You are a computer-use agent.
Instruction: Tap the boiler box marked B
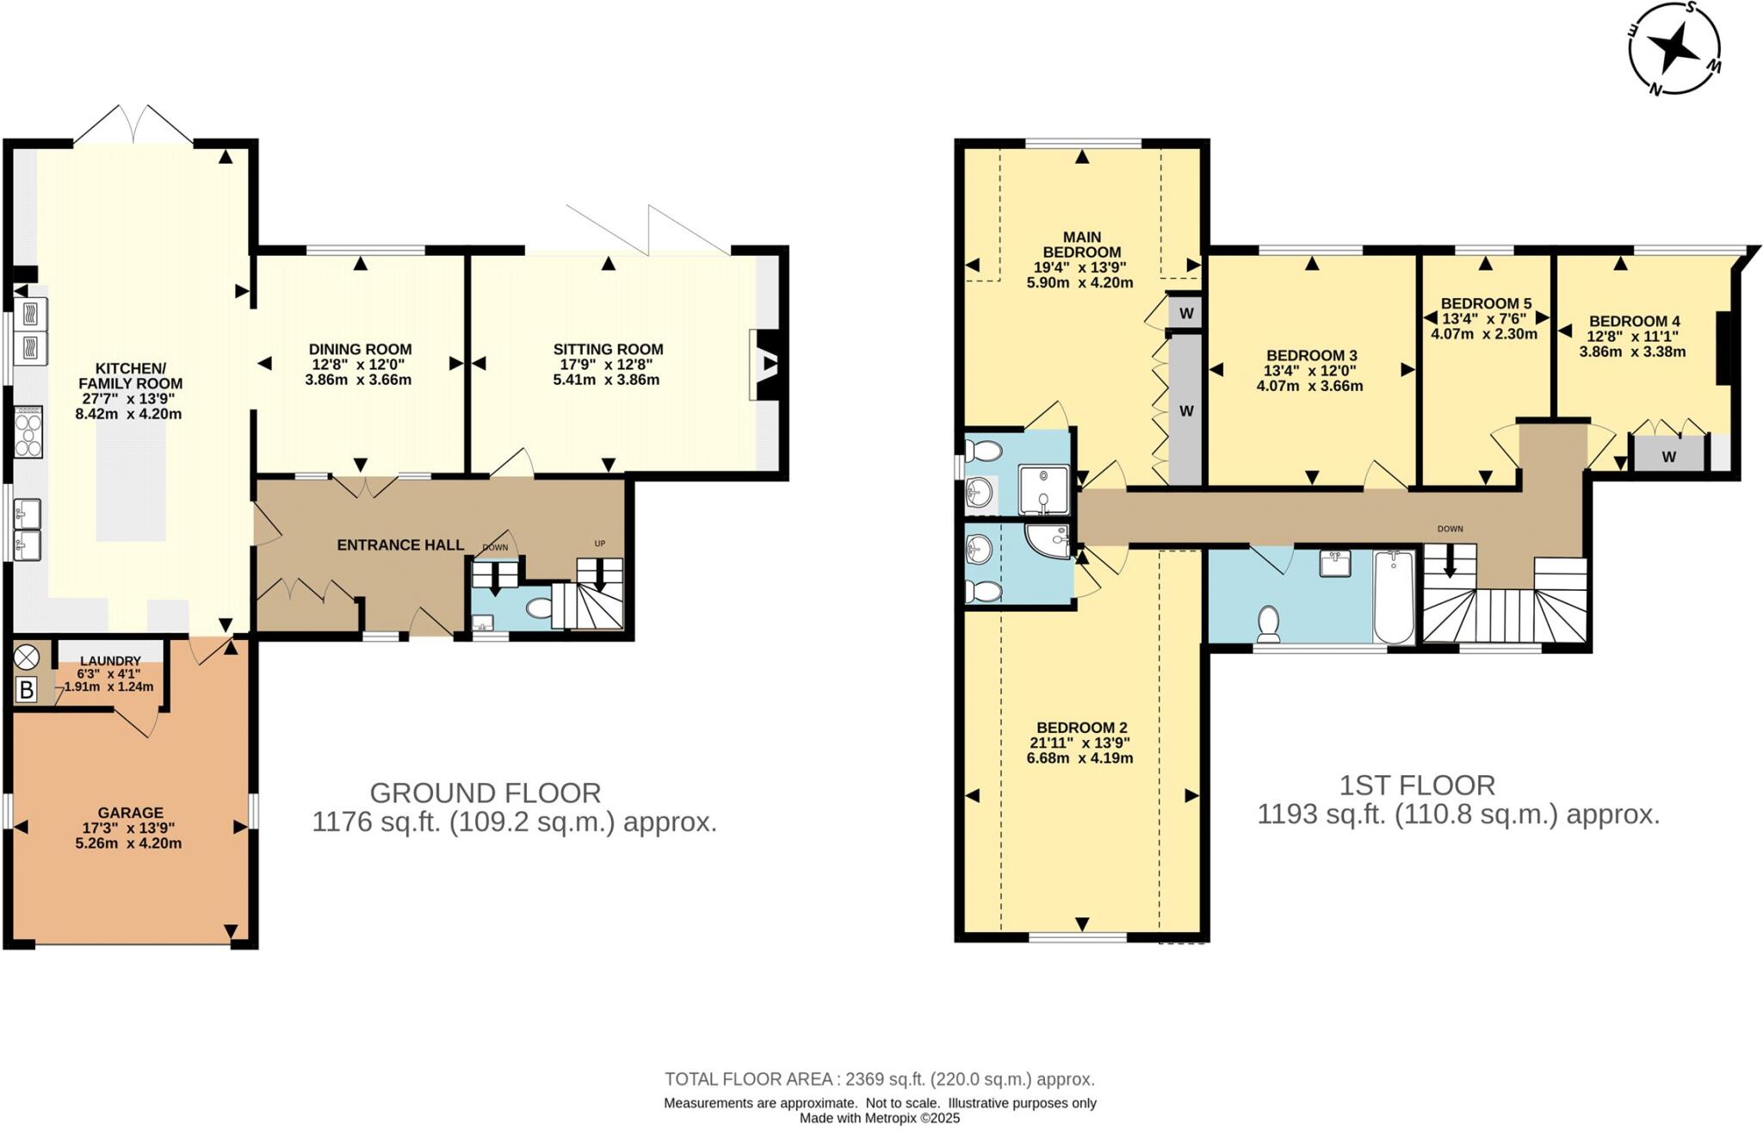(26, 690)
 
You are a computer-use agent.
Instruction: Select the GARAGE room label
(130, 812)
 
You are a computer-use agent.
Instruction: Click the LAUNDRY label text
(110, 661)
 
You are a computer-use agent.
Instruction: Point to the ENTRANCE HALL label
(400, 545)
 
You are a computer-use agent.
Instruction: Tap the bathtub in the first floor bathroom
(1394, 597)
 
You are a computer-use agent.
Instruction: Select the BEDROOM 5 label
(1486, 303)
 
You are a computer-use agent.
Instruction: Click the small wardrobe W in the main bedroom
(1185, 314)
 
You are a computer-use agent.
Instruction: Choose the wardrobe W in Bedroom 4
(1668, 457)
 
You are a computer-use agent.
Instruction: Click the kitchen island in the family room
(130, 482)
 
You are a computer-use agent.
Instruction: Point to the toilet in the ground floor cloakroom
(540, 609)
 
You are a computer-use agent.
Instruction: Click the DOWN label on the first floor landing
(1450, 529)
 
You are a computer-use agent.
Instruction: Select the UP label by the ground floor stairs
(600, 544)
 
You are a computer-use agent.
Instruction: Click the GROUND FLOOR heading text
(485, 792)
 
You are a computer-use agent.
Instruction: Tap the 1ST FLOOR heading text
(1417, 785)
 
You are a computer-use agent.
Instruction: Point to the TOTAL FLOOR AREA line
(879, 1078)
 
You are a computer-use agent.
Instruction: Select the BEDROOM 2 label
(1081, 727)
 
